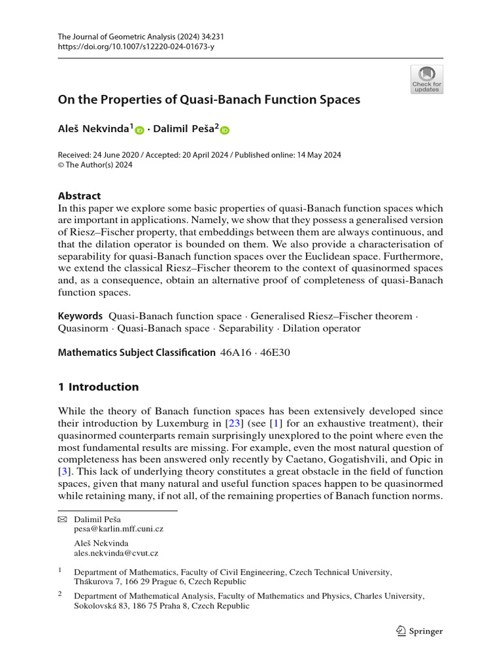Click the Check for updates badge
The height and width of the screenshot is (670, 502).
coord(426,79)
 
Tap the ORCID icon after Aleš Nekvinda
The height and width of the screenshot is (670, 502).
coord(139,130)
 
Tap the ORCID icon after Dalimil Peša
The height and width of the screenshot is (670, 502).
coord(225,130)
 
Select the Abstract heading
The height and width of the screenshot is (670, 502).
coord(80,196)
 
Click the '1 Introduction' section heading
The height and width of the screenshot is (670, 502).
coord(98,387)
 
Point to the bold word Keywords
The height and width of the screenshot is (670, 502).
coord(80,316)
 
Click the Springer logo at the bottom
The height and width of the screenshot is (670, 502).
coord(420,631)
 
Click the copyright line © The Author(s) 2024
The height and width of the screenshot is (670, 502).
coord(95,166)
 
